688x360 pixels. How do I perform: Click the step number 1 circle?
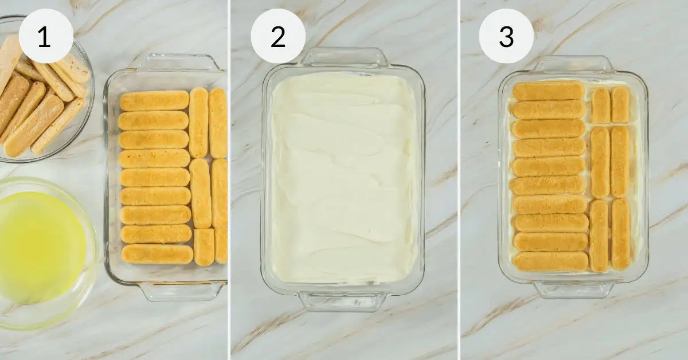click(46, 37)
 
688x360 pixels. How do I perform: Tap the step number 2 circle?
click(277, 37)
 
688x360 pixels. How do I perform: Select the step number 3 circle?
click(506, 37)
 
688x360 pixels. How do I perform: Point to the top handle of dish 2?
click(344, 56)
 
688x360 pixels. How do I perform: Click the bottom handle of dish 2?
click(342, 302)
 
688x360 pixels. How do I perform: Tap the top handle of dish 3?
click(573, 63)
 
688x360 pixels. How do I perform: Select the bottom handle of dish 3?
click(573, 289)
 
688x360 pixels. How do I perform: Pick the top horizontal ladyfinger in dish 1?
click(154, 100)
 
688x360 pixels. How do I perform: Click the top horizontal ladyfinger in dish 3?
click(548, 91)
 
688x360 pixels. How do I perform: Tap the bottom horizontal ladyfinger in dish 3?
click(550, 261)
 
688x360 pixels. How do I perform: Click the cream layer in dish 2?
click(343, 178)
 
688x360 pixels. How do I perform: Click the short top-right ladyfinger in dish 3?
click(620, 104)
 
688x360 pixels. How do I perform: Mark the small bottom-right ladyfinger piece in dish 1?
click(221, 246)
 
